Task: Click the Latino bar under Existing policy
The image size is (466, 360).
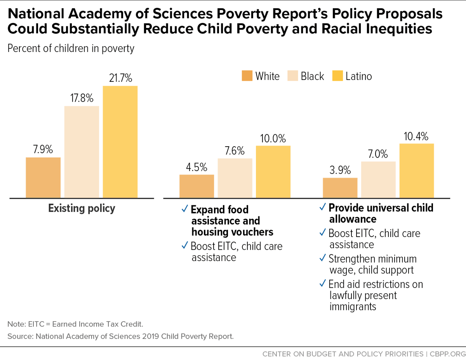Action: (120, 142)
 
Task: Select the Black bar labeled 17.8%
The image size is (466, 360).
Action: (82, 152)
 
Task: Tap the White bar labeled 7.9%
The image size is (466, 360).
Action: (43, 177)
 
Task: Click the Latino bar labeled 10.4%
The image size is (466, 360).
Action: (417, 171)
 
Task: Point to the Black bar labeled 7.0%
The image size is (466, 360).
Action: (378, 180)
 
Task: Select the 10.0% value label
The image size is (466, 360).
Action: (273, 138)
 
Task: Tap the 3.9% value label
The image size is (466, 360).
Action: (340, 170)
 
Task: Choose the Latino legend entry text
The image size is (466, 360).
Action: (358, 76)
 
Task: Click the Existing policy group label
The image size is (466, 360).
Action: (82, 208)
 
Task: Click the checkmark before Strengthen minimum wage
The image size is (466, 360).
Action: (322, 258)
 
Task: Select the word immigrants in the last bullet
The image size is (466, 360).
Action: (353, 306)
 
